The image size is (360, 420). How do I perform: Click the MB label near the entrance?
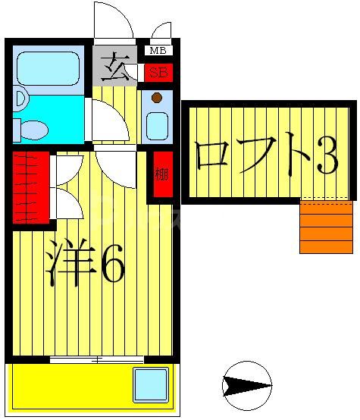[x=158, y=52]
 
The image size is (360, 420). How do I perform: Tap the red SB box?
[x=158, y=74]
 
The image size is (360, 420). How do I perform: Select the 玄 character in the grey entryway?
[x=115, y=65]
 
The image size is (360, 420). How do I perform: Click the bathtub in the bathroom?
[x=48, y=68]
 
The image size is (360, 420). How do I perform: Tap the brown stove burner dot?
[x=156, y=98]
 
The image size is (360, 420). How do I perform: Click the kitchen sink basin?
[x=157, y=125]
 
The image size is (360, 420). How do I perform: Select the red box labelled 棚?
[x=161, y=175]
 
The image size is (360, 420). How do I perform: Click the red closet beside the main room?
[x=31, y=186]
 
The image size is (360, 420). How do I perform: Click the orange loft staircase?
[x=326, y=227]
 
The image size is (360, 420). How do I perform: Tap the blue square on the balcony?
[x=150, y=384]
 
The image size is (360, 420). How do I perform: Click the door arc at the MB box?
[x=161, y=31]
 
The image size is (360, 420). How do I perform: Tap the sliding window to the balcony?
[x=97, y=359]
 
